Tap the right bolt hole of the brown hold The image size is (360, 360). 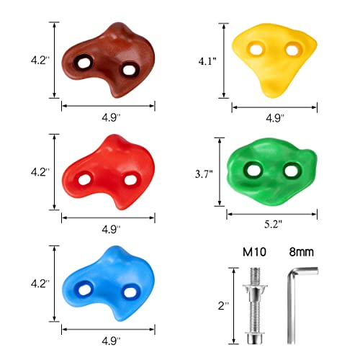coord(130,70)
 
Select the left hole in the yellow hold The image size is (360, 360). coord(253,50)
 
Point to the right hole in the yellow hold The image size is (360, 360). coord(292,49)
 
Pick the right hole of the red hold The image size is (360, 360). coord(131,179)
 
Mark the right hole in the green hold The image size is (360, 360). coord(290,171)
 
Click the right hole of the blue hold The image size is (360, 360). coord(130,292)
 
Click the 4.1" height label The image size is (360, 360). coord(207,62)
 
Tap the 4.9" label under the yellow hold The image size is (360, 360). coord(275,117)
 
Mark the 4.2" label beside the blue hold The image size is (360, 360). coord(37,284)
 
